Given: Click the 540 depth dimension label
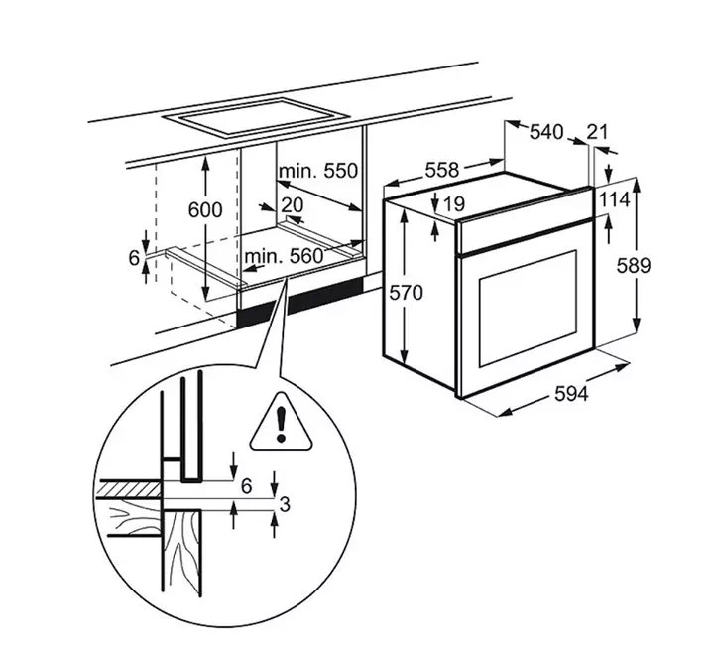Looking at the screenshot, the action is click(546, 132).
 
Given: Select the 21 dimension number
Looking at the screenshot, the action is click(597, 132).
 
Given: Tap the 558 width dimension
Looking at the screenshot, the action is click(441, 170).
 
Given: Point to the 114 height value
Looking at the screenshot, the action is click(614, 199).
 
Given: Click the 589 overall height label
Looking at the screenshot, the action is click(634, 265).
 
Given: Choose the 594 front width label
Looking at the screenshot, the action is click(571, 393).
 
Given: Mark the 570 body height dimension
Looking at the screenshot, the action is click(407, 292).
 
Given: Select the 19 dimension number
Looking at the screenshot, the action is click(453, 204).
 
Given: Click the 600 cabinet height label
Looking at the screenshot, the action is click(205, 210).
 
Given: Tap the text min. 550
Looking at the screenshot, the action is click(318, 171).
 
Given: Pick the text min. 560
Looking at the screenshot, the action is click(284, 257).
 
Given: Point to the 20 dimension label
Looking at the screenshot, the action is click(292, 205).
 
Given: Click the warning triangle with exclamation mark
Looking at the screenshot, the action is click(281, 422).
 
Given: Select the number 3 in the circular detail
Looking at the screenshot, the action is click(285, 504).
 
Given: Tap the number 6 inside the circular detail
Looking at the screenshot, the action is click(246, 486).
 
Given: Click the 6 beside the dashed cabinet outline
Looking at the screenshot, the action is click(134, 258).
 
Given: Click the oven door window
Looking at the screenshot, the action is click(528, 308).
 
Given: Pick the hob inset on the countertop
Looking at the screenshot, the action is click(257, 117).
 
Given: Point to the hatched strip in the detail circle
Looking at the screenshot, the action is click(130, 490).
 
